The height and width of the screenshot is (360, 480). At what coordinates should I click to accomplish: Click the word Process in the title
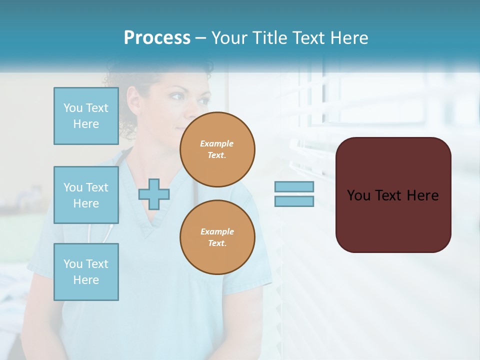tap(157, 38)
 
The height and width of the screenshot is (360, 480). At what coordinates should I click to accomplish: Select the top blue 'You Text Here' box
tap(86, 116)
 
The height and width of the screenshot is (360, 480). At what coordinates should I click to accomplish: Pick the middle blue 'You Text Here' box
tap(86, 195)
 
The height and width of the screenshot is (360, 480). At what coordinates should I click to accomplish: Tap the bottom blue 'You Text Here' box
tap(86, 272)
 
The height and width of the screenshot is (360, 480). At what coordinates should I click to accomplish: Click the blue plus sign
tap(154, 194)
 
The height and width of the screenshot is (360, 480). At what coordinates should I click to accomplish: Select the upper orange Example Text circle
tap(217, 149)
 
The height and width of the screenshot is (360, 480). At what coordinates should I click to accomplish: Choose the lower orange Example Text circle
tap(217, 237)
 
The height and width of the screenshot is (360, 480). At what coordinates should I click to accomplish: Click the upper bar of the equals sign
tap(294, 186)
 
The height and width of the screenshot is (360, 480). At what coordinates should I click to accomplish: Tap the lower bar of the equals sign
tap(294, 201)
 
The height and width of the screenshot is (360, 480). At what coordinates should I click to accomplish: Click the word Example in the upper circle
tap(217, 143)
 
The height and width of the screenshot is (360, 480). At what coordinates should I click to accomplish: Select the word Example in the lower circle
tap(217, 231)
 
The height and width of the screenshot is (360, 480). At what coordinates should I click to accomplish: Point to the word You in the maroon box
tap(359, 195)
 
